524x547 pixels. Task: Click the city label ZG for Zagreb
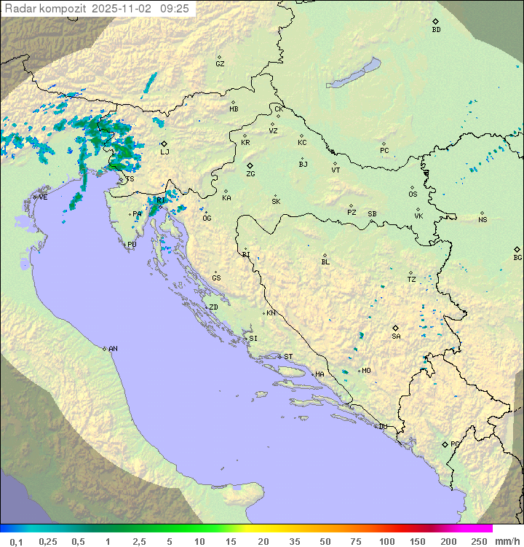(250, 174)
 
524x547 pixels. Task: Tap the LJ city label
(164, 152)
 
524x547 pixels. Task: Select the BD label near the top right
(436, 30)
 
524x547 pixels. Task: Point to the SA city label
(396, 337)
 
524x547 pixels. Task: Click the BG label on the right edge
(517, 258)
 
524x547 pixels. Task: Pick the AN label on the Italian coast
(113, 349)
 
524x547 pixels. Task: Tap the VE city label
(43, 197)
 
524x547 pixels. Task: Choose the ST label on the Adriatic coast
(288, 357)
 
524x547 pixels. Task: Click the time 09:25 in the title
(175, 8)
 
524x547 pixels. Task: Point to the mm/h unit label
(506, 541)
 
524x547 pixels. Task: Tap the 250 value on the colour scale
(478, 541)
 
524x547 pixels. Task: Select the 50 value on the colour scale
(325, 541)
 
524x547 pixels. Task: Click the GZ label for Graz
(220, 64)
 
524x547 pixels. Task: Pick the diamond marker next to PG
(445, 444)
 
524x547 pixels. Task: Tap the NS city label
(483, 220)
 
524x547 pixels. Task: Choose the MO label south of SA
(366, 371)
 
